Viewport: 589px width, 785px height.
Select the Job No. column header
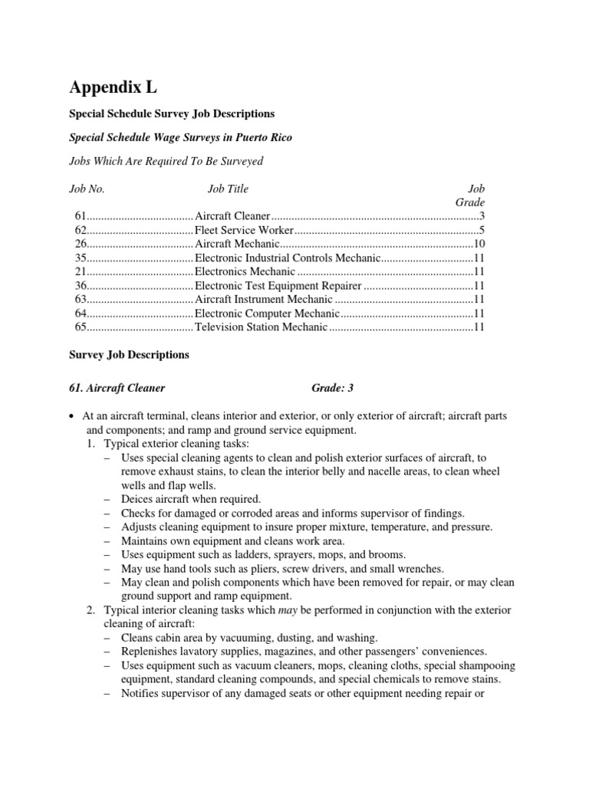click(87, 189)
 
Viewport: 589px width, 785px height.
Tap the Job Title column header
click(228, 189)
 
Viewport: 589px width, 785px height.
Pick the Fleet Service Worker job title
click(244, 230)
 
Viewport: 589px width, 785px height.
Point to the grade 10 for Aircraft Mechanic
click(479, 244)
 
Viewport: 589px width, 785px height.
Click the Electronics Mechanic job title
click(245, 271)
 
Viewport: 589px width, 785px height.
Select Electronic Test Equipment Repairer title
click(278, 285)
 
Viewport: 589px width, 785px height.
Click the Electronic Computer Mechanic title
click(266, 313)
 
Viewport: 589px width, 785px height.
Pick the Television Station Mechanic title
click(262, 327)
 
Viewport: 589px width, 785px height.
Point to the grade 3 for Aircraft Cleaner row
click(482, 216)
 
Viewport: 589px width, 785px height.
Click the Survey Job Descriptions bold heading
click(129, 356)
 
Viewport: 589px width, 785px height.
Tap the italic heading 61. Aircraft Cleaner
click(117, 388)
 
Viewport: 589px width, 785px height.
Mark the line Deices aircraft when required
click(191, 498)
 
